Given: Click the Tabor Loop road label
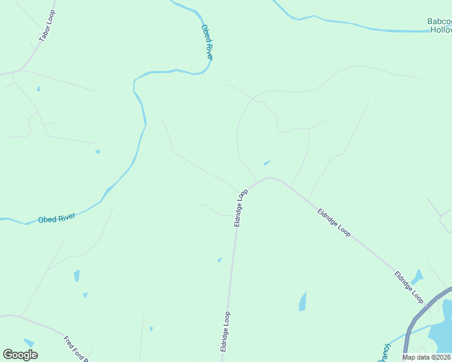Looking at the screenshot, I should (47, 26).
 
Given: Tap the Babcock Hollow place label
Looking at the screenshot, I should (439, 25).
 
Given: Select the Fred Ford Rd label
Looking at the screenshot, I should (77, 349).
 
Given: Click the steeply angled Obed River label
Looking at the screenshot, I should (207, 42).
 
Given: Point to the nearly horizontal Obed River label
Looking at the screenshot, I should (56, 218).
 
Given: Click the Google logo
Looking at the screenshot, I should (20, 355).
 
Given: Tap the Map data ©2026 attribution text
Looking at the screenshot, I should (426, 357).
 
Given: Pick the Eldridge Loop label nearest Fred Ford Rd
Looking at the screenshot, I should (225, 331).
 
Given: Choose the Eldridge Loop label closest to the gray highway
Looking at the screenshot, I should (409, 286).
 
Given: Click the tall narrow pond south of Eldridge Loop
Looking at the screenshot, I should (302, 301).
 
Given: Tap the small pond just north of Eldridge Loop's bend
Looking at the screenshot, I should (266, 162).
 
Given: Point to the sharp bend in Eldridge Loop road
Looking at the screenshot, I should (269, 178).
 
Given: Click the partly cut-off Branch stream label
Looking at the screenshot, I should (385, 353).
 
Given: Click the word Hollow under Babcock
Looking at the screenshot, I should (441, 30).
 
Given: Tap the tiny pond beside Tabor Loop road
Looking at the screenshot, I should (38, 89).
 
